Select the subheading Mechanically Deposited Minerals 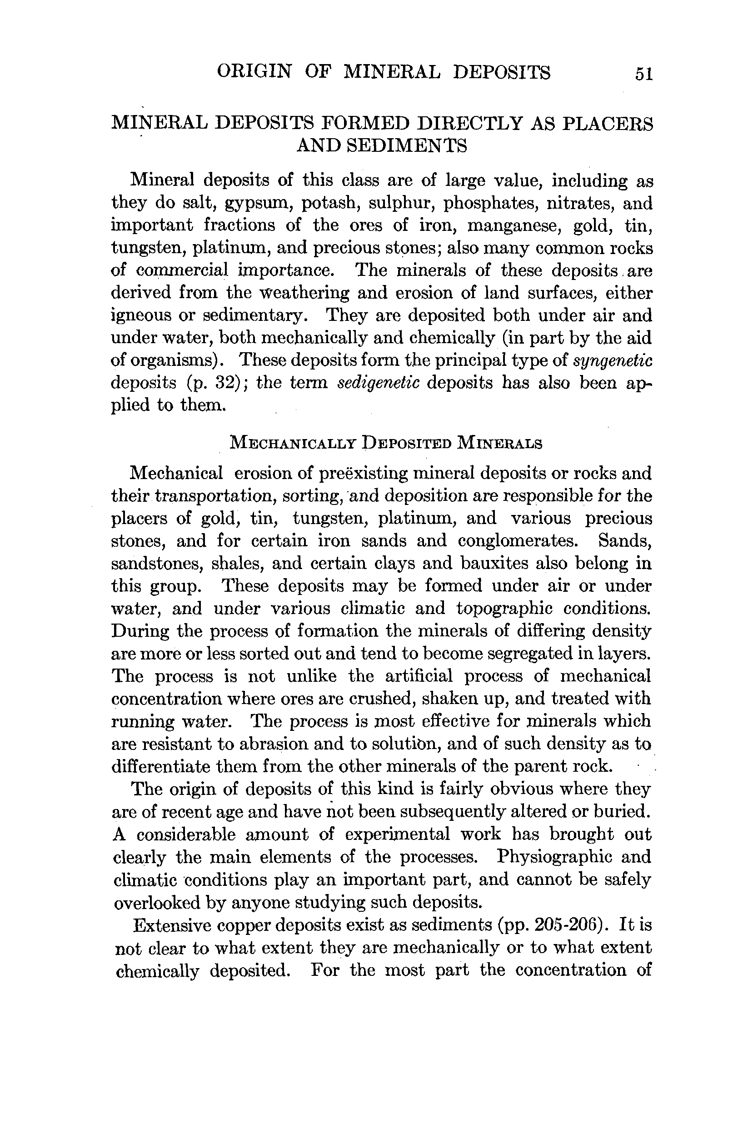386,442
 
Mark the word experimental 397,834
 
